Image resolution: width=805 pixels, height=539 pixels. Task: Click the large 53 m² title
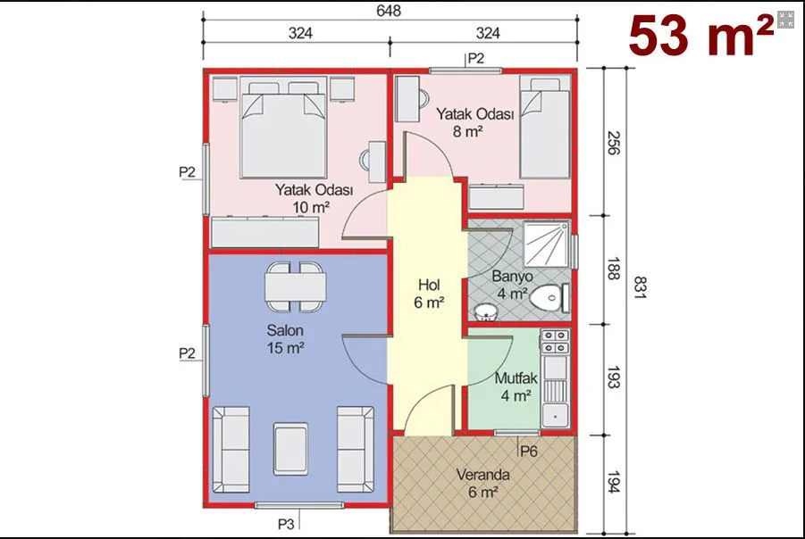click(x=700, y=36)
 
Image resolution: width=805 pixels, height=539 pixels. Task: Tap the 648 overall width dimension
click(x=389, y=11)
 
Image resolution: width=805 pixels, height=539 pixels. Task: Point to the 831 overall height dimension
click(x=640, y=287)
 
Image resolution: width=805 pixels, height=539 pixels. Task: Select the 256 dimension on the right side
click(x=614, y=143)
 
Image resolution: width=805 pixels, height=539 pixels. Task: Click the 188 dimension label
click(x=614, y=269)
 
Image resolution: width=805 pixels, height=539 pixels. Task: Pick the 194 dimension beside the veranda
click(x=614, y=482)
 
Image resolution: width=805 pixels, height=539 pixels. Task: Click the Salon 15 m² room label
click(x=285, y=339)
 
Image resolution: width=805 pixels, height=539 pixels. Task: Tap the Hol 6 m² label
click(x=429, y=294)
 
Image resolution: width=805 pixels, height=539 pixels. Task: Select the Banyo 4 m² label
click(x=512, y=285)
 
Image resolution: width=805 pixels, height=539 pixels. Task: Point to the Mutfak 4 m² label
click(x=516, y=386)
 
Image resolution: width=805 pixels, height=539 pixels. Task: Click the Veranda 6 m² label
click(x=482, y=483)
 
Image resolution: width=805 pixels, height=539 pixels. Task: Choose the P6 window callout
click(x=529, y=452)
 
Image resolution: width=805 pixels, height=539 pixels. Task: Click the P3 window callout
click(x=287, y=524)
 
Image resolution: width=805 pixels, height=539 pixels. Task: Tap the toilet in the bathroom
click(x=549, y=297)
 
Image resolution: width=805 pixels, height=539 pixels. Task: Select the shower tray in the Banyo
click(x=546, y=245)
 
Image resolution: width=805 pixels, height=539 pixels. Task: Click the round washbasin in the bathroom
click(x=485, y=311)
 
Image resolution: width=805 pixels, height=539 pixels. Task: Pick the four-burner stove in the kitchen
click(x=555, y=342)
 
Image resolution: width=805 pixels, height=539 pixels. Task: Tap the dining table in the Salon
click(x=296, y=287)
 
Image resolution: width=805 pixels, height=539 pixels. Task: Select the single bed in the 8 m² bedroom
click(x=545, y=128)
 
